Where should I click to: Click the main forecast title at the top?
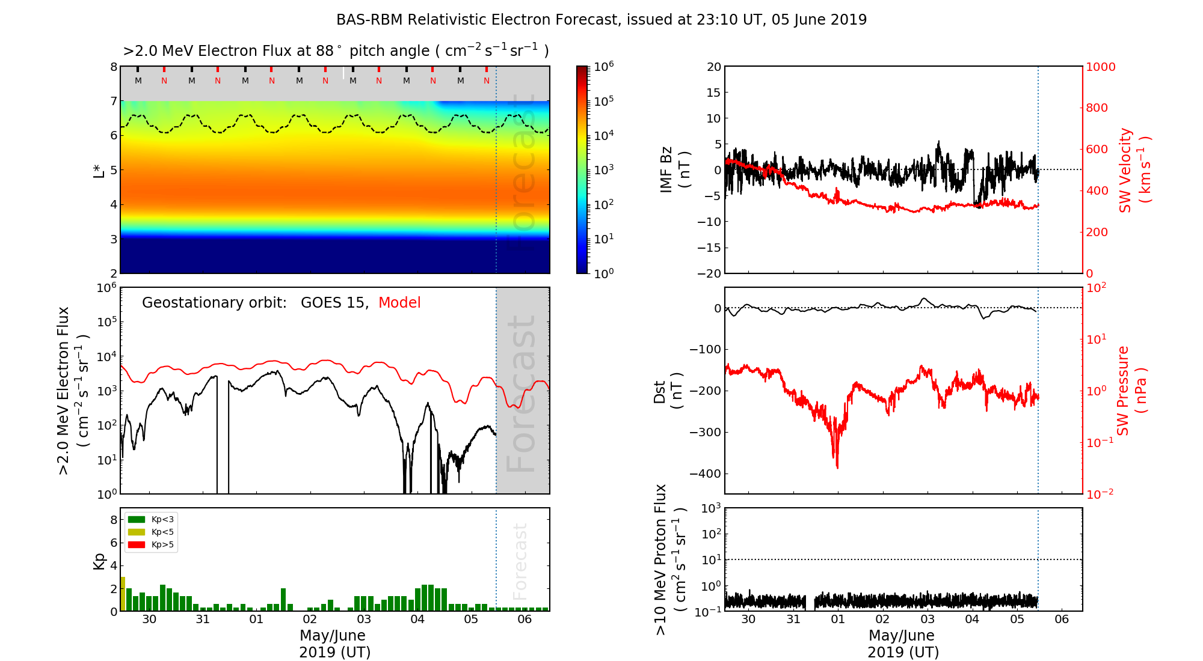(x=601, y=20)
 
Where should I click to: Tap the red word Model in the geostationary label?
(x=399, y=303)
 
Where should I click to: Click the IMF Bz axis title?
(x=674, y=170)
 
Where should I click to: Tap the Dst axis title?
(x=668, y=391)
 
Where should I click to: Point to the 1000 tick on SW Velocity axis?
(x=1100, y=67)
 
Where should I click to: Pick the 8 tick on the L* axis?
(x=113, y=67)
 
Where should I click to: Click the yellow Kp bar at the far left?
(x=123, y=594)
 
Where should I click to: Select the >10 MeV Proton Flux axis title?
(x=669, y=559)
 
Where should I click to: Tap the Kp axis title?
(x=99, y=561)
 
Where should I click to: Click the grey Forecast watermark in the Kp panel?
(x=520, y=561)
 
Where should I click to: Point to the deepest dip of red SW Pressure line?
(x=837, y=466)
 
